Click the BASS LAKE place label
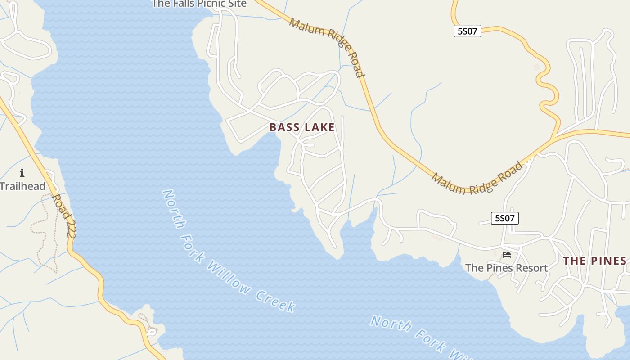click(x=302, y=127)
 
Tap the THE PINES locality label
click(x=594, y=261)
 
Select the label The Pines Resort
click(x=506, y=268)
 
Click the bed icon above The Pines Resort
click(x=507, y=255)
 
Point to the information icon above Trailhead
click(x=22, y=173)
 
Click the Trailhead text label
click(x=22, y=186)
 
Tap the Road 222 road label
click(x=64, y=216)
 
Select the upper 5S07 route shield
click(x=467, y=31)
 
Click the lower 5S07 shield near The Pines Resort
click(x=504, y=218)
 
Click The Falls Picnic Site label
click(x=199, y=4)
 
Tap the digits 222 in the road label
click(x=70, y=227)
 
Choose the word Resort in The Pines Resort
click(x=532, y=268)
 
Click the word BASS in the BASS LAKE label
click(x=284, y=127)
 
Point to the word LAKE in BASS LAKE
click(x=319, y=127)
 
